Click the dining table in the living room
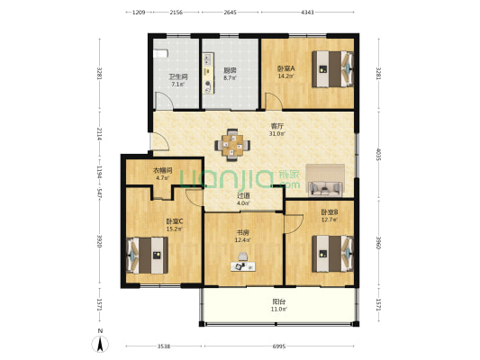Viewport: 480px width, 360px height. click(x=233, y=142)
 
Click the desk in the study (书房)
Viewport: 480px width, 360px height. click(x=240, y=266)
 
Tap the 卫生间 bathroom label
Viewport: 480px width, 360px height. click(x=177, y=76)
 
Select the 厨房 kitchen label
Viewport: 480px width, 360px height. click(x=231, y=70)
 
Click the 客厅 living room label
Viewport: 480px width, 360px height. click(x=277, y=127)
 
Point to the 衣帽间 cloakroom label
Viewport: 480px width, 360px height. click(x=163, y=169)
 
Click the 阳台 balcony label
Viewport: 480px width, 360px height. click(x=279, y=301)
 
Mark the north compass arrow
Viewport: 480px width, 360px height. click(x=99, y=341)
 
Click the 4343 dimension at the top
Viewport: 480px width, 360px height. click(x=307, y=13)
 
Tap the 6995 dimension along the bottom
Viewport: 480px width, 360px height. click(x=279, y=346)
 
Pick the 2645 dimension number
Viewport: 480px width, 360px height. click(x=230, y=13)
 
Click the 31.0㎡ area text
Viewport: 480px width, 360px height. click(x=277, y=134)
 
